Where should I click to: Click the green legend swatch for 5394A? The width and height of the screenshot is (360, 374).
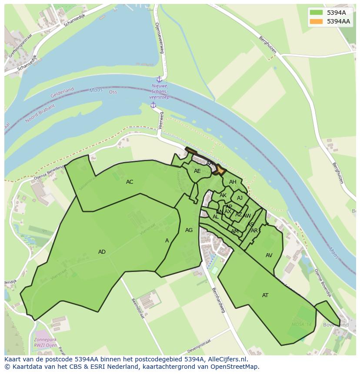pyautogui.click(x=317, y=13)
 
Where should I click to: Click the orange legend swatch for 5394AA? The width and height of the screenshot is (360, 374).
pyautogui.click(x=317, y=21)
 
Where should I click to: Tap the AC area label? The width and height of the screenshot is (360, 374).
pyautogui.click(x=130, y=182)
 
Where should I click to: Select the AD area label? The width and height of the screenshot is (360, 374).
pyautogui.click(x=102, y=252)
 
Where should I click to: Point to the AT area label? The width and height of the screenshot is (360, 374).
pyautogui.click(x=265, y=295)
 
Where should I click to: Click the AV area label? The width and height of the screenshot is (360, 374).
pyautogui.click(x=269, y=255)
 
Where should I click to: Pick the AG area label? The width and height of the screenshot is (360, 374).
pyautogui.click(x=189, y=230)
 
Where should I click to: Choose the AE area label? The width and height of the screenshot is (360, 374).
pyautogui.click(x=197, y=171)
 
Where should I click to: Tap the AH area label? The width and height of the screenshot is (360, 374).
pyautogui.click(x=233, y=182)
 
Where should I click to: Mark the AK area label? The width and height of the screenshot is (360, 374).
pyautogui.click(x=223, y=195)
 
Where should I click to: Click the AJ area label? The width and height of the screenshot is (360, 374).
pyautogui.click(x=240, y=198)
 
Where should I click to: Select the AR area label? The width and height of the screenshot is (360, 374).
pyautogui.click(x=254, y=231)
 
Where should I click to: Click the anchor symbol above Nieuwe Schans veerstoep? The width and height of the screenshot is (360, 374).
pyautogui.click(x=159, y=79)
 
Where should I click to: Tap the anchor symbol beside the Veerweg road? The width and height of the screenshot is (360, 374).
pyautogui.click(x=153, y=105)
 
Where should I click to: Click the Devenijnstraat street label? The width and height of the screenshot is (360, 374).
pyautogui.click(x=201, y=348)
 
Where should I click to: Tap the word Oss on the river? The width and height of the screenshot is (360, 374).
pyautogui.click(x=113, y=92)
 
